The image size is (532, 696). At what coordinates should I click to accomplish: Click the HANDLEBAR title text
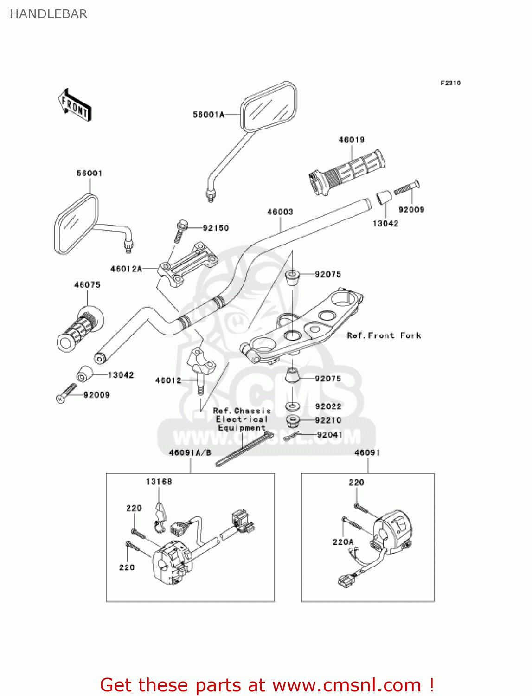pos(48,14)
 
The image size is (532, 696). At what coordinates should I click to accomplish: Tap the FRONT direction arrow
pos(75,105)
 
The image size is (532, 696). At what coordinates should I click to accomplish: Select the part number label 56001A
pos(208,115)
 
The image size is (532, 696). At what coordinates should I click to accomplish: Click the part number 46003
pos(280,212)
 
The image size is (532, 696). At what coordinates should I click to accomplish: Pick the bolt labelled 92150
pos(180,231)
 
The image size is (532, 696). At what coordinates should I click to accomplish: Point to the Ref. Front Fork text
pos(384,335)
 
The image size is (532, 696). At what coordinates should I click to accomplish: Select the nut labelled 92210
pos(292,421)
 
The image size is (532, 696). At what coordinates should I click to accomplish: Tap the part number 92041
pos(329,435)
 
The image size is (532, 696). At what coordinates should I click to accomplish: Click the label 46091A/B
pos(190,452)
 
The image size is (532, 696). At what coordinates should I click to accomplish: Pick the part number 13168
pos(159,482)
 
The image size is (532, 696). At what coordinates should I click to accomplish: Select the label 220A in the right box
pos(343,541)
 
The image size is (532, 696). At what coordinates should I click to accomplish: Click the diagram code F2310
pos(450,83)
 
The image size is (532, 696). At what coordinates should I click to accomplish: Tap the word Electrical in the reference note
pos(242,419)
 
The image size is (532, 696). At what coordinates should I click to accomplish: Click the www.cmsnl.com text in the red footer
pos(346,685)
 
